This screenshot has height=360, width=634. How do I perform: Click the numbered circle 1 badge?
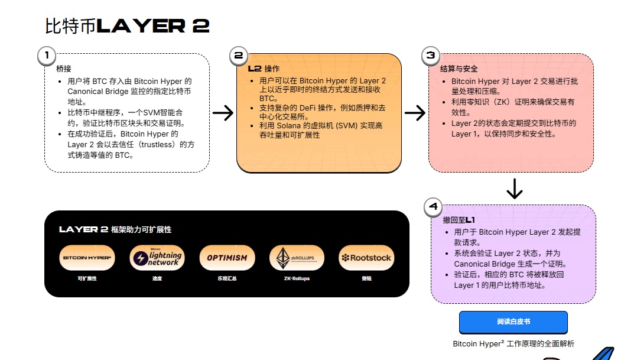click(47, 56)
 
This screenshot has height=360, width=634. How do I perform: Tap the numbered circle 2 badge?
click(238, 56)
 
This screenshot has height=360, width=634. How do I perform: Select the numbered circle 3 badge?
click(430, 56)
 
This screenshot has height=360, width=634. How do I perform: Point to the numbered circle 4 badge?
click(434, 207)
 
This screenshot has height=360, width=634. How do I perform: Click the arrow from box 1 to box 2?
click(223, 113)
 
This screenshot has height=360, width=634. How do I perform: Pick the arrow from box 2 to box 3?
click(415, 113)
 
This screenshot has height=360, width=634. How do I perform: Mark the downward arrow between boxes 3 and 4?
click(515, 189)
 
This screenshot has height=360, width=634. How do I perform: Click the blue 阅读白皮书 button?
click(513, 322)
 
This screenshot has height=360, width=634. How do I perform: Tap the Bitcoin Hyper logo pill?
click(87, 258)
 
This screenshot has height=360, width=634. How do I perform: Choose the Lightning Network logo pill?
click(157, 258)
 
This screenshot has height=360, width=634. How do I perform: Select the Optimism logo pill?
click(227, 258)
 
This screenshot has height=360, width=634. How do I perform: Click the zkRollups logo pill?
click(297, 258)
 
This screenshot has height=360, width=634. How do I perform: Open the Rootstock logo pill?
click(366, 258)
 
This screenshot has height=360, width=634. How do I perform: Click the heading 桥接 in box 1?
click(64, 69)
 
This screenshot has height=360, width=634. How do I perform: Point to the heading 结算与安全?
click(459, 69)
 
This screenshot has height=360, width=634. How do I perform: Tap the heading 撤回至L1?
click(459, 220)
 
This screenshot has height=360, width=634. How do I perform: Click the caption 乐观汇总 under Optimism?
click(227, 278)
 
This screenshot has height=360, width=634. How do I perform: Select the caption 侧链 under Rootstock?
click(366, 278)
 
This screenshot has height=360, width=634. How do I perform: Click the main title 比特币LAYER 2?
click(127, 26)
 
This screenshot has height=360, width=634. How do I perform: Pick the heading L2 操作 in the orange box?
click(264, 69)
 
